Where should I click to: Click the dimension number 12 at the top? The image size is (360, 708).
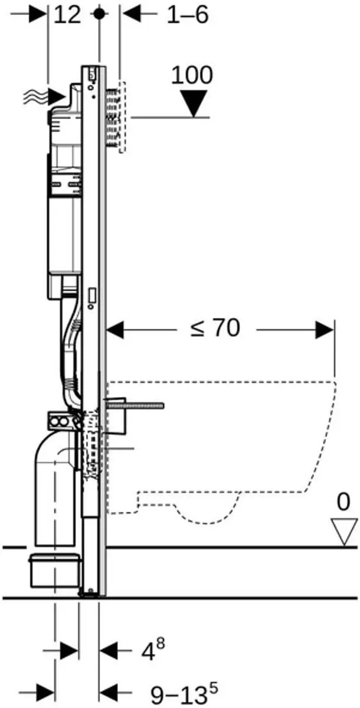[x=67, y=15]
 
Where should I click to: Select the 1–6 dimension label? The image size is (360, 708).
[x=188, y=15]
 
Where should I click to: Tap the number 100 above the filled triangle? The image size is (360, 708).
[x=192, y=75]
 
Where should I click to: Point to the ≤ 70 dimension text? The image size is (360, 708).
[x=215, y=328]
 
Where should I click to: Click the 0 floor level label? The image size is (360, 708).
[x=343, y=501]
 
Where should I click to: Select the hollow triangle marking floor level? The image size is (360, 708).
[x=344, y=532]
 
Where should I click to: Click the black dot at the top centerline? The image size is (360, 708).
[x=100, y=14]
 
